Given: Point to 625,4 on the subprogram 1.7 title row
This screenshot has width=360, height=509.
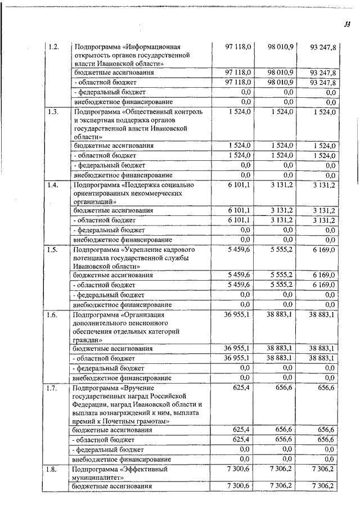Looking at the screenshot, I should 241,388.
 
